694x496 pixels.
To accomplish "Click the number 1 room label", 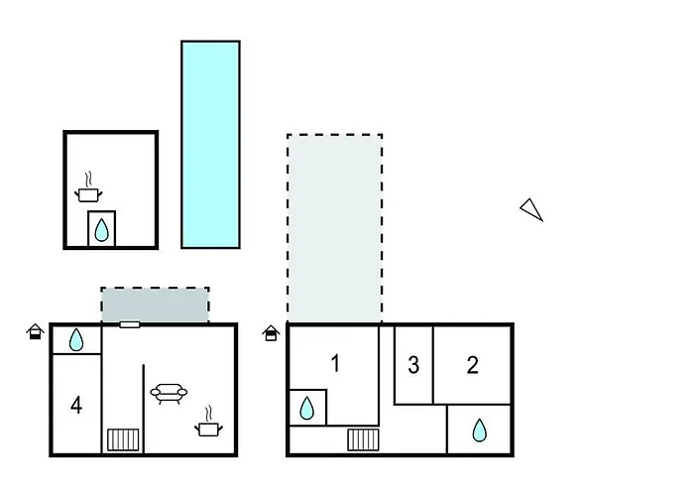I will coord(335,364).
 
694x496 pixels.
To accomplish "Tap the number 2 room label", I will coord(473,365).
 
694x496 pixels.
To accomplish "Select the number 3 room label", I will coord(413,365).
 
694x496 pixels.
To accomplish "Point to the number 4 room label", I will coord(76,405).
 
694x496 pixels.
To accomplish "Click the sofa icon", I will coord(169,393).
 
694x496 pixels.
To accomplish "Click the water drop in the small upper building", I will coord(101,230).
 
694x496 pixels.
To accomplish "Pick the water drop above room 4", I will coord(77,340).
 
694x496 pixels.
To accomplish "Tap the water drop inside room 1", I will coord(307,408).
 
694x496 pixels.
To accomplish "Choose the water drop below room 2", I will coord(480,430).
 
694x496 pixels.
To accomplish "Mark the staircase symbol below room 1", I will coord(363,439).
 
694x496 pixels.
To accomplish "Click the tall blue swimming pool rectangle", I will coord(210,144).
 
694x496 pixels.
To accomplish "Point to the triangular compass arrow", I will coord(532,208).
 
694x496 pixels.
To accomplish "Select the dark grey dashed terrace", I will coord(155,304).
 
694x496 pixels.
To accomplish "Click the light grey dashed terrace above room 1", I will coord(334,229).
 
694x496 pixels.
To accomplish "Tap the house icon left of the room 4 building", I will coord(35,331).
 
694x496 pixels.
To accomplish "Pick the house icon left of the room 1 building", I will coord(271,333).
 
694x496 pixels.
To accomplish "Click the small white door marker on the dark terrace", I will coord(130,323).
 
